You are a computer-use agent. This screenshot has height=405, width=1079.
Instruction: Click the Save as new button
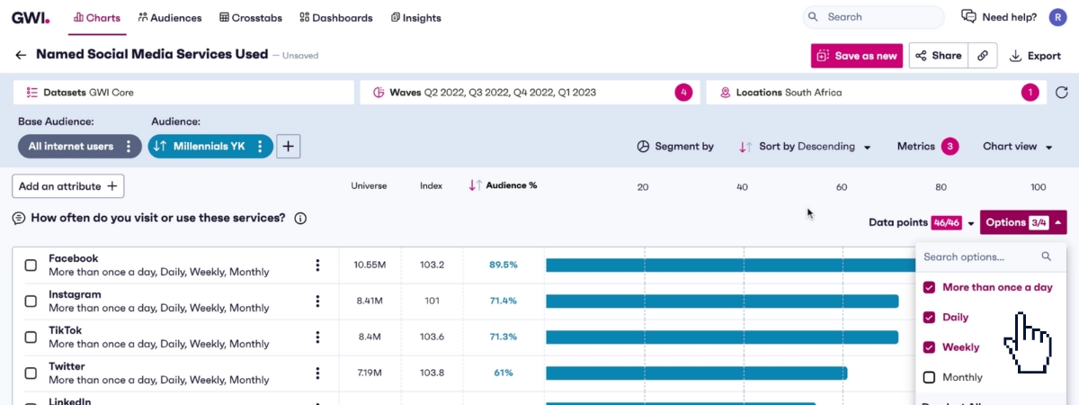pyautogui.click(x=857, y=56)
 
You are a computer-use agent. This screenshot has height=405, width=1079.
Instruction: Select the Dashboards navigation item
pyautogui.click(x=336, y=17)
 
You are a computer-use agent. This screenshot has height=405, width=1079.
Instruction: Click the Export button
pyautogui.click(x=1035, y=56)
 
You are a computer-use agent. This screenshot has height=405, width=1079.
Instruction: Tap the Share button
pyautogui.click(x=938, y=56)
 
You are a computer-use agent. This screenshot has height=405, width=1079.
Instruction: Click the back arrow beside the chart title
pyautogui.click(x=21, y=55)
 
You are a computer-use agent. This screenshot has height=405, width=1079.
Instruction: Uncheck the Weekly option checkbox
pyautogui.click(x=930, y=347)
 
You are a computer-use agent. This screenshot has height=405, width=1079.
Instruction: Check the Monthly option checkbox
pyautogui.click(x=930, y=377)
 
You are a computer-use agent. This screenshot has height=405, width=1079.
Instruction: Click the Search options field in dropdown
pyautogui.click(x=980, y=256)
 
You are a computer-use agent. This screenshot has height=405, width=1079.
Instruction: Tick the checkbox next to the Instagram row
pyautogui.click(x=31, y=301)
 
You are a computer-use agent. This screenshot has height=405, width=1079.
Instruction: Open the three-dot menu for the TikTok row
pyautogui.click(x=317, y=337)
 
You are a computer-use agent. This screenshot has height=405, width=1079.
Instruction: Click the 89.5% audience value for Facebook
pyautogui.click(x=504, y=265)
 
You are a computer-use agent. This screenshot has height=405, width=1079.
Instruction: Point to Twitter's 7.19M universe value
pyautogui.click(x=370, y=373)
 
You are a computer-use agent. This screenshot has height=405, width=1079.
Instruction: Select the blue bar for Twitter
pyautogui.click(x=696, y=373)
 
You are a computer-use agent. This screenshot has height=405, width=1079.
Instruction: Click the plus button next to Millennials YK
pyautogui.click(x=288, y=146)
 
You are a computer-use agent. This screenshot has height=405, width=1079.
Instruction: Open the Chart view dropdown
pyautogui.click(x=1017, y=146)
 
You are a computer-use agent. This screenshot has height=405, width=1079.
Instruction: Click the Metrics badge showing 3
pyautogui.click(x=950, y=146)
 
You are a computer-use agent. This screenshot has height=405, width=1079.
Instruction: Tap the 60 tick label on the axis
pyautogui.click(x=842, y=187)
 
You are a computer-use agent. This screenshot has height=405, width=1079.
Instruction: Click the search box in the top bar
pyautogui.click(x=873, y=17)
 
